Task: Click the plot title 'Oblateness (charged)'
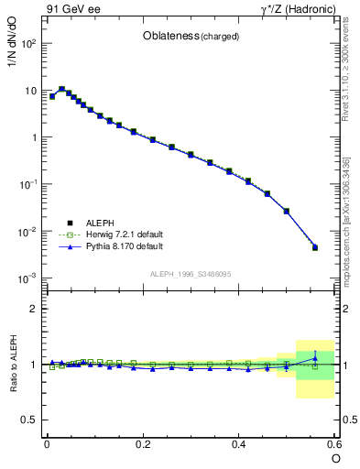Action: tap(191, 37)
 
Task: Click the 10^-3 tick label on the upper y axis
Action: tap(29, 278)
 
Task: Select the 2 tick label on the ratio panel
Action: tap(35, 309)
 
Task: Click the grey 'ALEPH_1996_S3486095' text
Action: tap(191, 274)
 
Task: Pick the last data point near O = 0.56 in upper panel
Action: tap(315, 247)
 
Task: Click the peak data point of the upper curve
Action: tap(61, 89)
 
